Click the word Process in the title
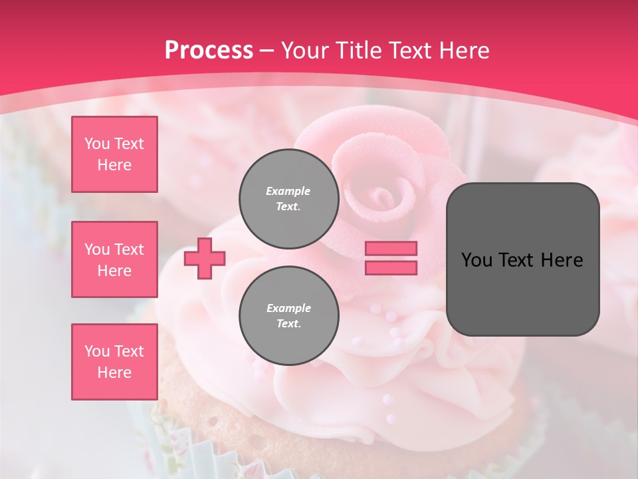pyautogui.click(x=209, y=51)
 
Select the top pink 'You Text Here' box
pyautogui.click(x=114, y=154)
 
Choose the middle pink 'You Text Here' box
pyautogui.click(x=114, y=259)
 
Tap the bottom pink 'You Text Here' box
pyautogui.click(x=114, y=361)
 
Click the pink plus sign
pyautogui.click(x=205, y=258)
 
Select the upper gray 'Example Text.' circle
pyautogui.click(x=288, y=199)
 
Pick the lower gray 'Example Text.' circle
pyautogui.click(x=288, y=316)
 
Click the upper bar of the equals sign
pyautogui.click(x=391, y=248)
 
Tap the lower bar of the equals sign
pyautogui.click(x=391, y=267)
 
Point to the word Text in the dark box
pyautogui.click(x=513, y=260)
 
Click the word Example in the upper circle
pyautogui.click(x=288, y=191)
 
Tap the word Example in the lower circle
pyautogui.click(x=288, y=308)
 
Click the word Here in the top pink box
pyautogui.click(x=114, y=165)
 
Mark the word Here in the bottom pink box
pyautogui.click(x=114, y=373)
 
